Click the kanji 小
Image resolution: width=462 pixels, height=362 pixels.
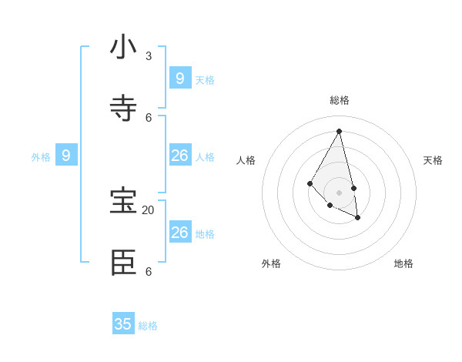[x=123, y=48]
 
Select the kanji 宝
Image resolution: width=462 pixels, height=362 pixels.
[x=123, y=201]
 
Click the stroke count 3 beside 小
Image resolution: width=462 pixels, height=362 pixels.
[x=149, y=56]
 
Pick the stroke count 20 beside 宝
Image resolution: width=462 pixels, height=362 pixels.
[x=148, y=210]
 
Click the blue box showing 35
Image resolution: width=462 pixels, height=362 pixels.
[x=123, y=324]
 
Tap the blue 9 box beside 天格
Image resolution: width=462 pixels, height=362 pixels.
[x=179, y=78]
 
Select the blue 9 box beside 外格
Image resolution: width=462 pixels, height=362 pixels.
[x=66, y=156]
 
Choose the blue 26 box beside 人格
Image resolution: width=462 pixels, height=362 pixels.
[x=179, y=156]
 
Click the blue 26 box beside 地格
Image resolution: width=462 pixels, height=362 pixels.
[x=179, y=233]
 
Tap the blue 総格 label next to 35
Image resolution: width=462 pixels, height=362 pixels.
[x=148, y=326]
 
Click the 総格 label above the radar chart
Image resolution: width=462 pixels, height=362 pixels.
[x=340, y=100]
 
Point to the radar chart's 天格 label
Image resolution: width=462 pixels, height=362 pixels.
[x=434, y=160]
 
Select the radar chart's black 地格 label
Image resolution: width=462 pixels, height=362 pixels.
[x=403, y=263]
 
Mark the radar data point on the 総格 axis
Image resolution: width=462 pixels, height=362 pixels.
[x=339, y=131]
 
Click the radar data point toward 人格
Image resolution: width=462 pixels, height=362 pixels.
[x=310, y=183]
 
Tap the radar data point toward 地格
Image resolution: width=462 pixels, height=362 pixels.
[x=358, y=218]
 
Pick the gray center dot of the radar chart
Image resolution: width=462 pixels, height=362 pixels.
[x=339, y=193]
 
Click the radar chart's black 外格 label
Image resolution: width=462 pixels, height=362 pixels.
[x=271, y=263]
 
